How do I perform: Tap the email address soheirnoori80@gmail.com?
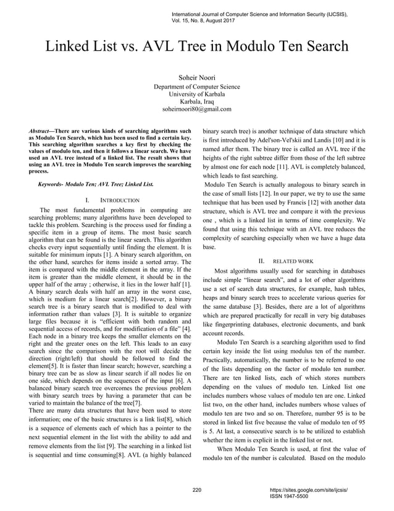pyautogui.click(x=197, y=109)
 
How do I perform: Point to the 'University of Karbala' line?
pyautogui.click(x=197, y=94)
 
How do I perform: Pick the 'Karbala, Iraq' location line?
pyautogui.click(x=197, y=101)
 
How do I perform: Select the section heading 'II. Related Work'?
pyautogui.click(x=286, y=260)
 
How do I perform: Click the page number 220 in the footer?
pyautogui.click(x=198, y=490)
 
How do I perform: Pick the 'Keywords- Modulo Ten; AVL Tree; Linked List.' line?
pyautogui.click(x=96, y=184)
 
